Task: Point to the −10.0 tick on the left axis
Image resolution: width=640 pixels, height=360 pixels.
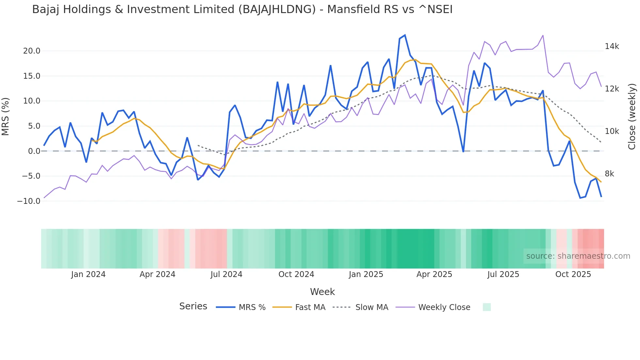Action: point(29,201)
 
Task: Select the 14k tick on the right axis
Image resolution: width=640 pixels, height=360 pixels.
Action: point(612,46)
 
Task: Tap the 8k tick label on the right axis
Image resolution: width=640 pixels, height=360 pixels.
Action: point(609,174)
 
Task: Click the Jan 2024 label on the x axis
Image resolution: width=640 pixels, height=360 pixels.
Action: point(88,274)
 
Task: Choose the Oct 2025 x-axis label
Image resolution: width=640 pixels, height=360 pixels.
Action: point(573,274)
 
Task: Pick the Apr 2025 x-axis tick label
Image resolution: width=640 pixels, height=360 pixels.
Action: point(434,274)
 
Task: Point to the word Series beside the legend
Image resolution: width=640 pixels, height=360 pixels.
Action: point(193,306)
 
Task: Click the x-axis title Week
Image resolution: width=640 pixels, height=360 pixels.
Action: point(322,292)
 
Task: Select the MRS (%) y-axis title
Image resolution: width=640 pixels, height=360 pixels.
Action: point(6,117)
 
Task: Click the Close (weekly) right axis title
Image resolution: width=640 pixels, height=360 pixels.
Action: point(632,117)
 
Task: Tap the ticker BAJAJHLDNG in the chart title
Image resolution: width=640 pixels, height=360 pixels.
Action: point(277,9)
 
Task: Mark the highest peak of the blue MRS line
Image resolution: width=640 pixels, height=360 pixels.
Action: point(405,35)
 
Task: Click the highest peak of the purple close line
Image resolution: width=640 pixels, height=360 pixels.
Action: point(543,35)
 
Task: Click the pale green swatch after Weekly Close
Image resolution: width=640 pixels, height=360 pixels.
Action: point(487,307)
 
